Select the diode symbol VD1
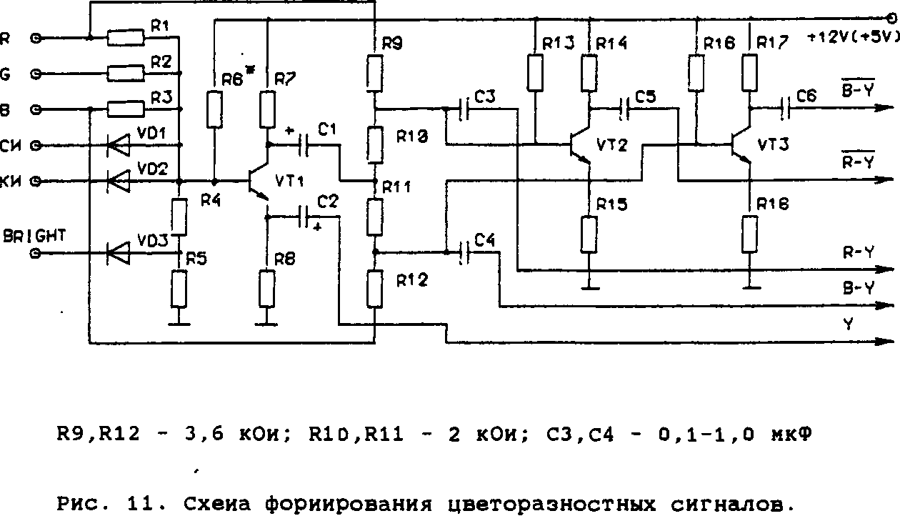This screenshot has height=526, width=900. (x=116, y=145)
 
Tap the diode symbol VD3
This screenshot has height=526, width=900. (x=116, y=252)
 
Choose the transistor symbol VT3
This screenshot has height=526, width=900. (x=740, y=146)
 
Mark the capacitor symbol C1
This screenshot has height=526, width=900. (x=305, y=145)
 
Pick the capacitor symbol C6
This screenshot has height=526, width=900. (x=787, y=109)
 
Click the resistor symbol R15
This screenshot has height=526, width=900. (x=589, y=234)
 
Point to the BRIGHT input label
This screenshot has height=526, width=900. (x=34, y=236)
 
